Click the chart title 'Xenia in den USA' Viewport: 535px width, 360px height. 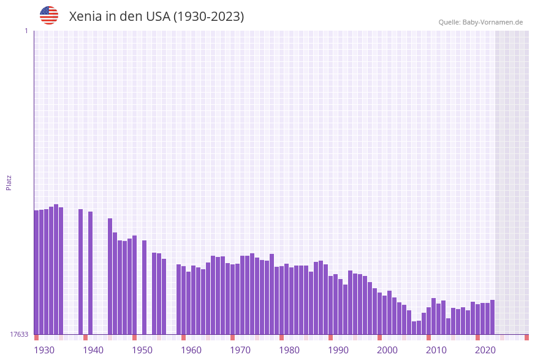156,17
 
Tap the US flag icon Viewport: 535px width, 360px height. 49,15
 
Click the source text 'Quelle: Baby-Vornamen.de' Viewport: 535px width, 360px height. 480,22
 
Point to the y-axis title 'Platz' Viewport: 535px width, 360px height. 9,182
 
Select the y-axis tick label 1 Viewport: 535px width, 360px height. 26,31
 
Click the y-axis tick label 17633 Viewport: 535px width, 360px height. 19,334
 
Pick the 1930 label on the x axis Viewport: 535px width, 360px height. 44,350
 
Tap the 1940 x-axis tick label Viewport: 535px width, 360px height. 93,350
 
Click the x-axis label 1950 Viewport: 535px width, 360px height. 142,350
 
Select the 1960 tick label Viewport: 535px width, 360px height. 191,350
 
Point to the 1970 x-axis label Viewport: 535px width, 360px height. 240,350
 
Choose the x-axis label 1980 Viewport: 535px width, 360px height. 289,350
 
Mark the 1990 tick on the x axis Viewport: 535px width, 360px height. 338,350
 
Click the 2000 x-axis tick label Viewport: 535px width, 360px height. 387,350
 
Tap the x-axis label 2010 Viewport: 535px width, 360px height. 436,350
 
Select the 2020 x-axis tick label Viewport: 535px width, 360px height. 485,350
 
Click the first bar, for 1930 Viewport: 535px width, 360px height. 37,272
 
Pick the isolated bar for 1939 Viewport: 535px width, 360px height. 91,273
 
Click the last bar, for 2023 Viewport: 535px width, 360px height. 493,317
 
